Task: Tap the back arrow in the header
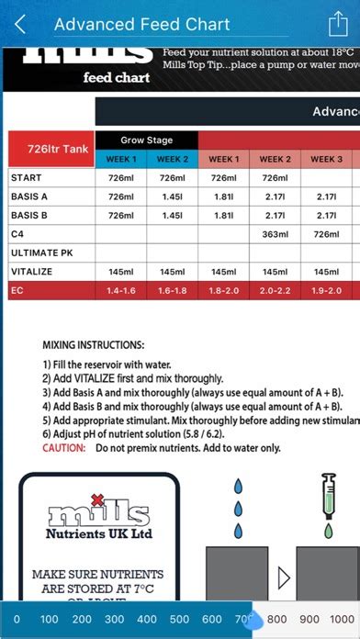[x=20, y=25]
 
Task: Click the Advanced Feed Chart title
[x=142, y=25]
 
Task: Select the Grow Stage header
[x=146, y=140]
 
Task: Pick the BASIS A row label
[x=29, y=196]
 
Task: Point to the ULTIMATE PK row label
[x=42, y=252]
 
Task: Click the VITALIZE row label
[x=32, y=272]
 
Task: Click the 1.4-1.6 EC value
[x=120, y=290]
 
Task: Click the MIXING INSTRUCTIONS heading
[x=94, y=345]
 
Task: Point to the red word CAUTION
[x=64, y=448]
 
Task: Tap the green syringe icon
[x=328, y=503]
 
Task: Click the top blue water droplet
[x=239, y=487]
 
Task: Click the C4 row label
[x=17, y=234]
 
